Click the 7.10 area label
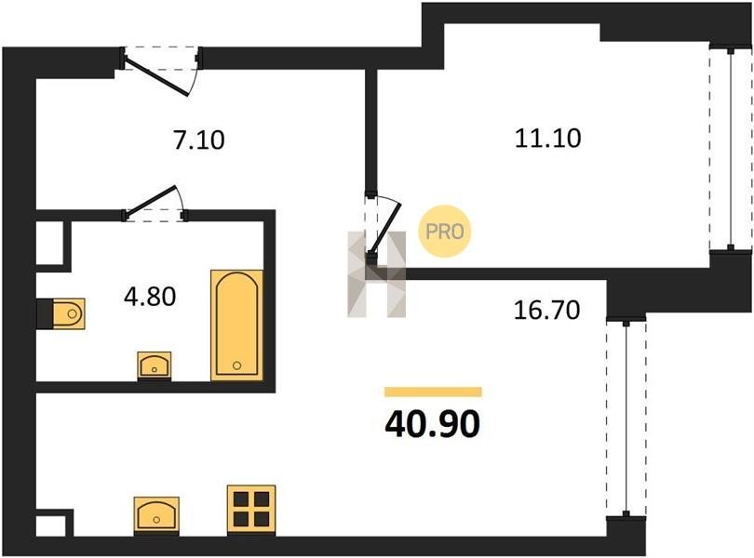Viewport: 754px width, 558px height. tap(199, 140)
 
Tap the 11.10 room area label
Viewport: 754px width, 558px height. tap(547, 139)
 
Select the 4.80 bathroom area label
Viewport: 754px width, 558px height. tap(150, 297)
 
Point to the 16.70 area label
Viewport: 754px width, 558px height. tap(546, 310)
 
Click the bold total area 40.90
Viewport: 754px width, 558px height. tap(432, 424)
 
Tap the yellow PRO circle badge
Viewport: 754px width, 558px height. tap(445, 232)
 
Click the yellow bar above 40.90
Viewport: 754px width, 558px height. tap(433, 392)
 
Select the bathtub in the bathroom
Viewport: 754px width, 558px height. tap(237, 325)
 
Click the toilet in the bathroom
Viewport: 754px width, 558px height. tap(68, 313)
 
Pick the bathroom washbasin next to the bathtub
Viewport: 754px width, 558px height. tap(155, 365)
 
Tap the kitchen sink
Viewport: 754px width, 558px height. tap(156, 515)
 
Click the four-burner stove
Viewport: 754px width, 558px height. tap(251, 510)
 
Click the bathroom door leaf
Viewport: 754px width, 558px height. tap(152, 199)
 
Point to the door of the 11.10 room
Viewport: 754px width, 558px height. tap(385, 227)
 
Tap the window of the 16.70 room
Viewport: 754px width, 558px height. tap(626, 418)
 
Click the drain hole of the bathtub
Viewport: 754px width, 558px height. tap(236, 365)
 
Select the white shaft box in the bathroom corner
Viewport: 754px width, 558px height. tap(50, 243)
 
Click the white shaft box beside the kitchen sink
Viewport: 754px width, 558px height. tap(50, 525)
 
